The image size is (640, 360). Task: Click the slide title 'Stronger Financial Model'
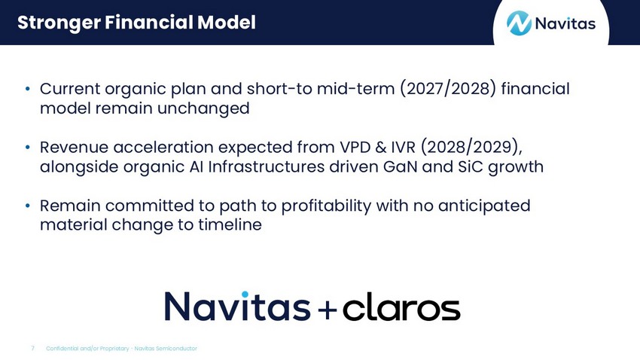pos(136,23)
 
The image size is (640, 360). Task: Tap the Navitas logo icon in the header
pos(519,23)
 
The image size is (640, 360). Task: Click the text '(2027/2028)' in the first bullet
pos(448,89)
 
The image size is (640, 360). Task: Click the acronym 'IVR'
pos(404,148)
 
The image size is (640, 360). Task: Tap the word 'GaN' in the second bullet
pos(400,167)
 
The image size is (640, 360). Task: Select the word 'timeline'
pos(230,224)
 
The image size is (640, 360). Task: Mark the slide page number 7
pos(32,349)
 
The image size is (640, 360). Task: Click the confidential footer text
pos(122,349)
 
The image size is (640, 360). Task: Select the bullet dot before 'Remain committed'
pos(27,206)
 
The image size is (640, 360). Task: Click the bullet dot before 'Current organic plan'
pos(27,89)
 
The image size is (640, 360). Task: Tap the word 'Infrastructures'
pos(266,167)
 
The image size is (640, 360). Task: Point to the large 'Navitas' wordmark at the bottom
pos(237,306)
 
